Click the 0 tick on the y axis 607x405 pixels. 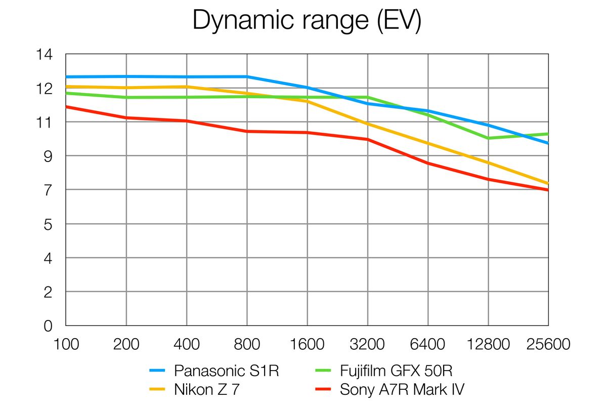(48, 327)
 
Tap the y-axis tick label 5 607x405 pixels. (48, 224)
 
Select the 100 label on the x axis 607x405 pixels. (66, 345)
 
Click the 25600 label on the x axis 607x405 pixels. (548, 345)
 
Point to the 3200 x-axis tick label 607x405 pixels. (368, 345)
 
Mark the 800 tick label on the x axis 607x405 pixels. (247, 345)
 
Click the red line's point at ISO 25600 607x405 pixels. (548, 190)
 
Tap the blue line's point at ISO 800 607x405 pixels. (247, 76)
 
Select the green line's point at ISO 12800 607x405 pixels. (488, 138)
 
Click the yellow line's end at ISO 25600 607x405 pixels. (548, 183)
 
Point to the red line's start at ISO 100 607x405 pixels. (66, 106)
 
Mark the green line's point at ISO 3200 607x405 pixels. (368, 97)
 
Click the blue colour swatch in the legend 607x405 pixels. (158, 371)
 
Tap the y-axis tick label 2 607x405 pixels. (48, 292)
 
